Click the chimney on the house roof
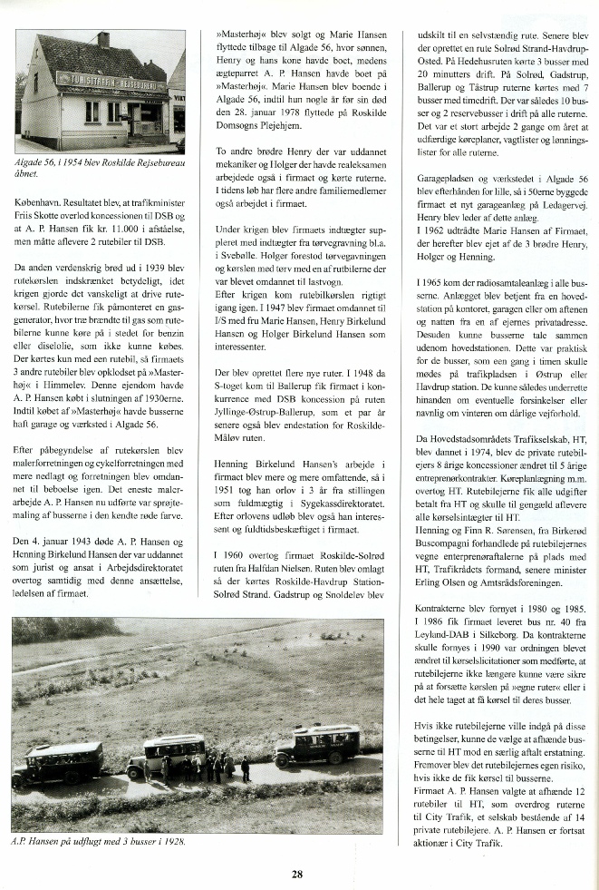click(103, 41)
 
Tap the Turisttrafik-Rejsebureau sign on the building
click(111, 84)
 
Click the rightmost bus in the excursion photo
click(317, 743)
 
